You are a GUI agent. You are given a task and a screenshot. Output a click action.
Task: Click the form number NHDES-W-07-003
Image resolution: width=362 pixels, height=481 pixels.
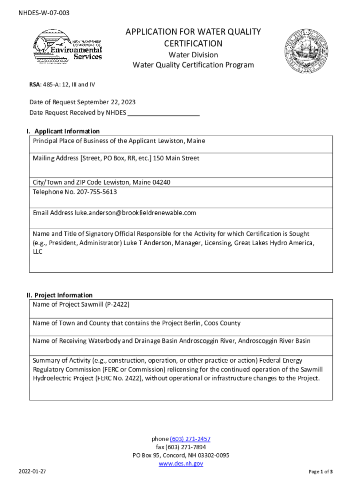pyautogui.click(x=44, y=13)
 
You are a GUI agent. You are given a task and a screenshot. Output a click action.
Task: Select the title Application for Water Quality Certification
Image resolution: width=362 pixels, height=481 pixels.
pyautogui.click(x=193, y=38)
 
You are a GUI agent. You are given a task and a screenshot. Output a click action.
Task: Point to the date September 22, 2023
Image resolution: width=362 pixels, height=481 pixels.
pyautogui.click(x=107, y=102)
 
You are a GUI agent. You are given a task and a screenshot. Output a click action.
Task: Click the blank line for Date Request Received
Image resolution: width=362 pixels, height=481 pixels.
pyautogui.click(x=164, y=113)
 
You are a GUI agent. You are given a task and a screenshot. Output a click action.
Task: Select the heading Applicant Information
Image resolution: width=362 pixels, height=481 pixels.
pyautogui.click(x=67, y=132)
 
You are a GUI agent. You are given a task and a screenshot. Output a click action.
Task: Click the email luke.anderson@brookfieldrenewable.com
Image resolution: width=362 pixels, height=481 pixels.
pyautogui.click(x=135, y=213)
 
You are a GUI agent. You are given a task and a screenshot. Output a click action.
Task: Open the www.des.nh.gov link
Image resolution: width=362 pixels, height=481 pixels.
pyautogui.click(x=181, y=464)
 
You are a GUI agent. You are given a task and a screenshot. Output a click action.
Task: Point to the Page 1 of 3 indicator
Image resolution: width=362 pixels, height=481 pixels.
pyautogui.click(x=321, y=472)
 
